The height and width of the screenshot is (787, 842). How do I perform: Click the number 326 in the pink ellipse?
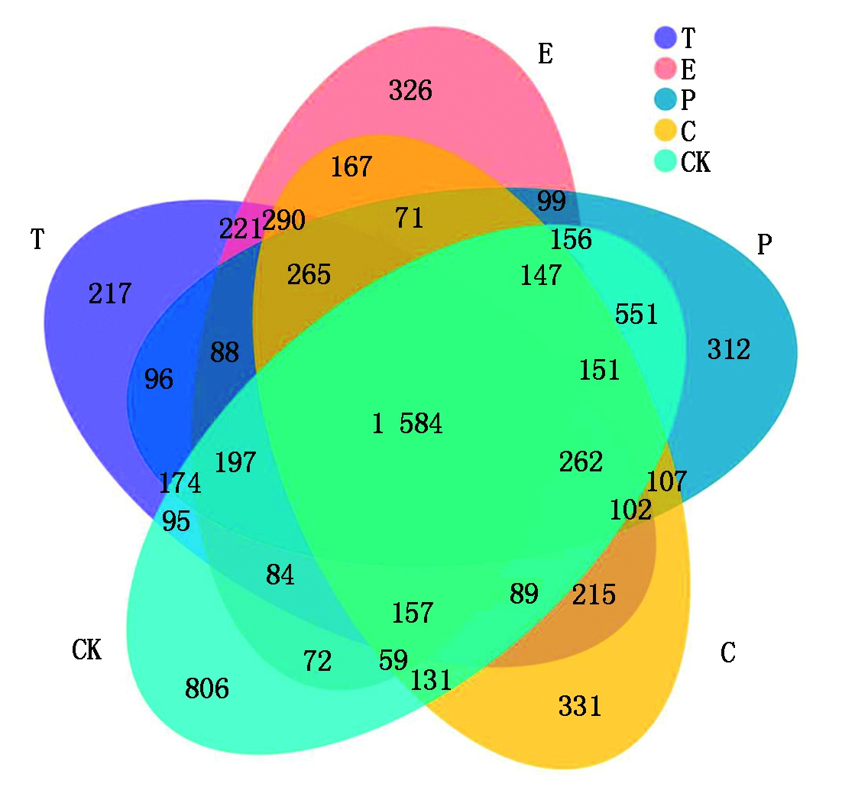pyautogui.click(x=410, y=91)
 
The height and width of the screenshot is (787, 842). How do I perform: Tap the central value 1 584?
pyautogui.click(x=407, y=423)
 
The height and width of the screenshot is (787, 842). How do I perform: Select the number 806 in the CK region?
pyautogui.click(x=206, y=689)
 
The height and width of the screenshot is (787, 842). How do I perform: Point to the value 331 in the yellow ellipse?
pyautogui.click(x=580, y=706)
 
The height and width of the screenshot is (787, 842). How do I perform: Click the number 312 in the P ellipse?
pyautogui.click(x=728, y=350)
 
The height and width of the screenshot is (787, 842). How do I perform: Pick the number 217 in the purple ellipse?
pyautogui.click(x=110, y=293)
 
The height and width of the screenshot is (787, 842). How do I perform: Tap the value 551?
pyautogui.click(x=636, y=313)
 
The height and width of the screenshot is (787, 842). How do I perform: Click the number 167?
pyautogui.click(x=351, y=167)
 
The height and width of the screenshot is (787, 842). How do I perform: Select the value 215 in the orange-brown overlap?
pyautogui.click(x=594, y=594)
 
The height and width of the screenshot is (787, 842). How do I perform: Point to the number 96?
pyautogui.click(x=159, y=379)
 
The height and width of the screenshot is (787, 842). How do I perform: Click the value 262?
pyautogui.click(x=581, y=462)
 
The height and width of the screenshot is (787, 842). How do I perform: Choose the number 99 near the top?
pyautogui.click(x=551, y=202)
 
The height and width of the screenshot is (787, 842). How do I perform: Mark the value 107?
pyautogui.click(x=666, y=481)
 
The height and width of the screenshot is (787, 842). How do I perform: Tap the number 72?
pyautogui.click(x=318, y=661)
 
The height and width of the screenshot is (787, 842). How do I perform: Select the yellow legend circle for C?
pyautogui.click(x=666, y=131)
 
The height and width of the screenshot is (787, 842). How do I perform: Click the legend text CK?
pyautogui.click(x=695, y=162)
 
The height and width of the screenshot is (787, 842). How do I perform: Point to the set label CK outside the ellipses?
pyautogui.click(x=86, y=651)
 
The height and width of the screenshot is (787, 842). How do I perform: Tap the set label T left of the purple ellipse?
pyautogui.click(x=36, y=239)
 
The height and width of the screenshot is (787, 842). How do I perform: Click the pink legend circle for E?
pyautogui.click(x=666, y=69)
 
